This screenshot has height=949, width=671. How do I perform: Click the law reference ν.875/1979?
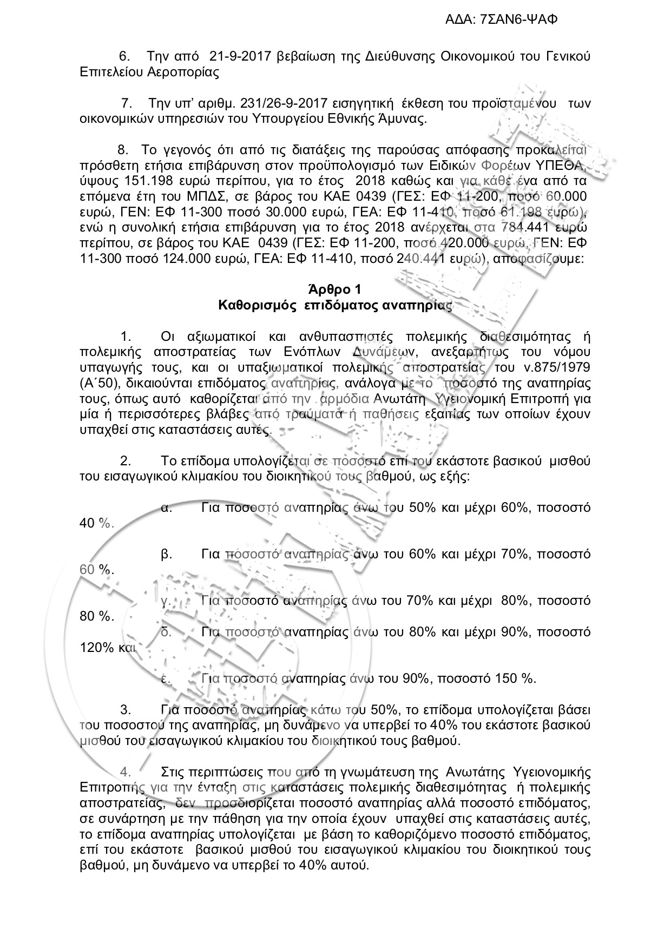point(558,368)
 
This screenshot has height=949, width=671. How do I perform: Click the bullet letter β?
point(167,554)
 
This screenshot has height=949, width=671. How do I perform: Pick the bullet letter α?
point(167,508)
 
